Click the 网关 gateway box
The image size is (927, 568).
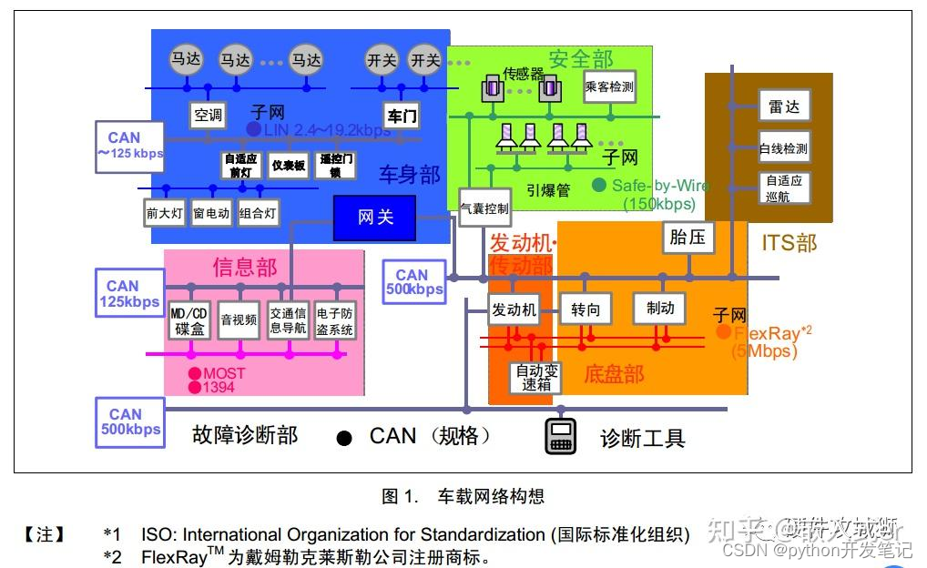tap(374, 218)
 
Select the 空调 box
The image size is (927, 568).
tap(208, 116)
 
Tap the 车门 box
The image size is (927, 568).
tap(402, 116)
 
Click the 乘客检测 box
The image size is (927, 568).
tap(609, 87)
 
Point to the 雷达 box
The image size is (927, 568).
tap(783, 106)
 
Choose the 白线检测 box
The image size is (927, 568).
tap(783, 147)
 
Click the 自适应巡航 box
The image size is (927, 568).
tap(783, 188)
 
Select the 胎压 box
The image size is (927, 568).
tap(687, 238)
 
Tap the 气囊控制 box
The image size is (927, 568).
tap(484, 208)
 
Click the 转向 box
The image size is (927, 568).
tap(586, 309)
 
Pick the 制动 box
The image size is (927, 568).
tap(659, 309)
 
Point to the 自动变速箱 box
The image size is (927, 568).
tap(535, 378)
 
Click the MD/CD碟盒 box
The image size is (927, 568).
tap(189, 320)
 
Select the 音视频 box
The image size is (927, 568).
tap(239, 320)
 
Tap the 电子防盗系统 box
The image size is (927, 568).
tap(334, 320)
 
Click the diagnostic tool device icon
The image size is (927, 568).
tap(561, 437)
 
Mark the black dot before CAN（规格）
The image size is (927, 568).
tap(344, 439)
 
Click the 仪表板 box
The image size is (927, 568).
tap(289, 166)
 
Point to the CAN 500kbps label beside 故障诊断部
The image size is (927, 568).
tap(130, 422)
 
